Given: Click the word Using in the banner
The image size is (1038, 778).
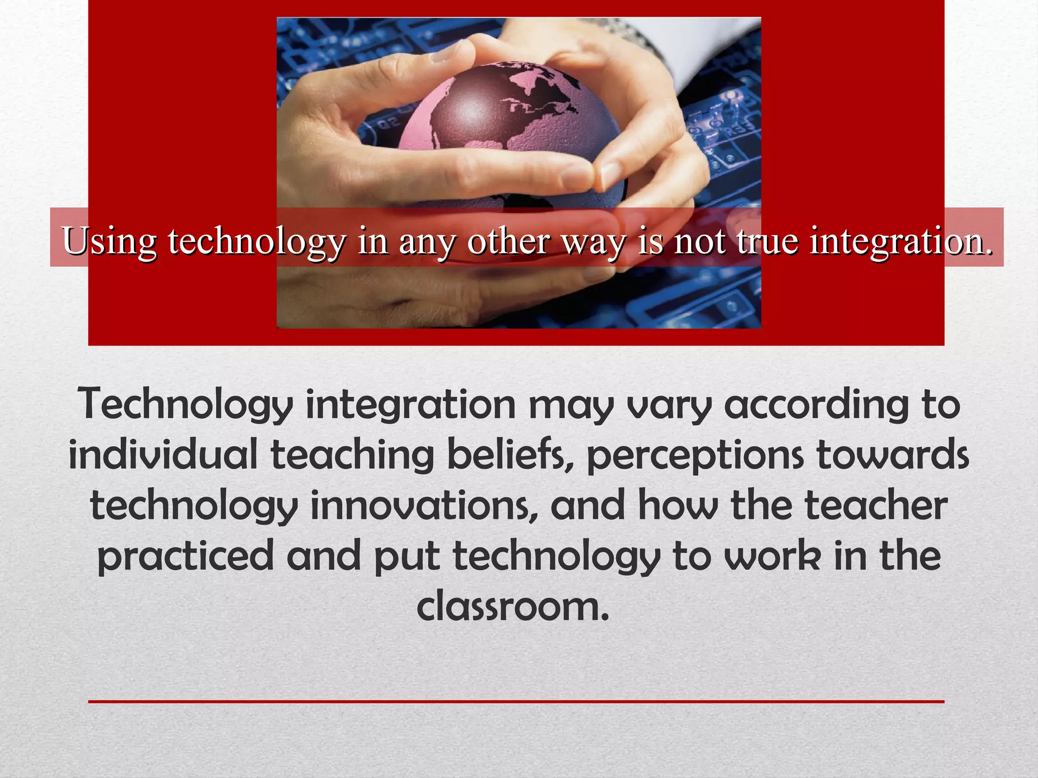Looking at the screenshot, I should click(x=109, y=241).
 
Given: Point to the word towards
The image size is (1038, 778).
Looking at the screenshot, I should click(x=893, y=454).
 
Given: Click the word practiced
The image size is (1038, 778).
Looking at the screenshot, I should click(x=186, y=556).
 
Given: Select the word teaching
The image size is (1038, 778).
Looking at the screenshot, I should click(x=353, y=454).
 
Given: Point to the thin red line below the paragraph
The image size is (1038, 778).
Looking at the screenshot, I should click(x=516, y=702).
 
